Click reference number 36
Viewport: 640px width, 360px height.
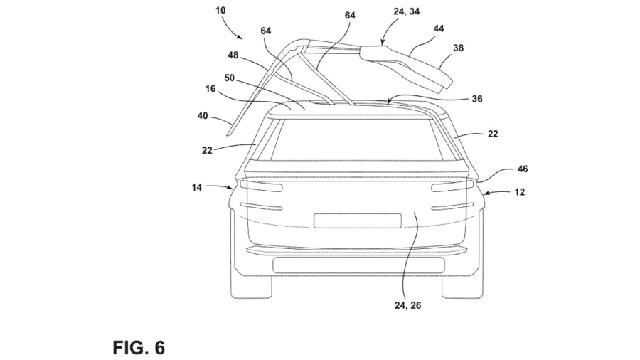(476, 100)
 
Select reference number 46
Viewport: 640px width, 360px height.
(522, 169)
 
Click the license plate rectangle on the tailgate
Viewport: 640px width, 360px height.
(355, 220)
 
